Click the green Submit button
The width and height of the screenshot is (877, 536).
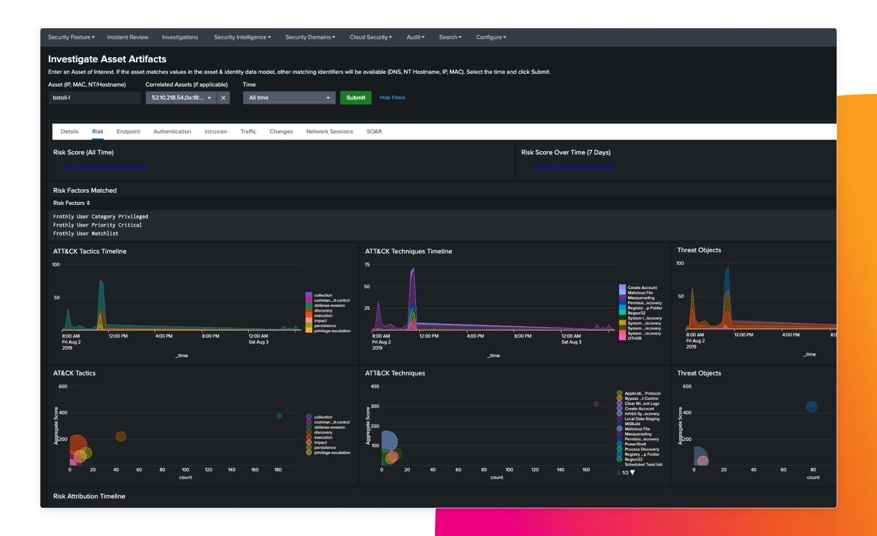(x=355, y=98)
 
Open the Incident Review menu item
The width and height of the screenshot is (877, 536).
(x=128, y=38)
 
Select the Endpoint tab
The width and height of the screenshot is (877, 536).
(x=128, y=132)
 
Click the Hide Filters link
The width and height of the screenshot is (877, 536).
(x=392, y=98)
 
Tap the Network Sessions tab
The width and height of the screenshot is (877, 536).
(x=329, y=132)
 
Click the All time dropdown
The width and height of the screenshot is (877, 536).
(x=289, y=98)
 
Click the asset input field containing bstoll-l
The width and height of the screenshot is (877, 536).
(x=94, y=98)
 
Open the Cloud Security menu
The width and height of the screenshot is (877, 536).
(x=370, y=38)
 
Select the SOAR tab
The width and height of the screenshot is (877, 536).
(x=374, y=132)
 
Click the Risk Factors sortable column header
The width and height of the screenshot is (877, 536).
(x=71, y=203)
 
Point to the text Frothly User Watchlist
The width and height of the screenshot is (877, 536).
(x=85, y=234)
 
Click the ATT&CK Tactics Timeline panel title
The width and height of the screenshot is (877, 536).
(x=89, y=252)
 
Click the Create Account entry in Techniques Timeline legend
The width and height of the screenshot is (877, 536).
(x=642, y=287)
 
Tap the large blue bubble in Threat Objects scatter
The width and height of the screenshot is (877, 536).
(x=811, y=407)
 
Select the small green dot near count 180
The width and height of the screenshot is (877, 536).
(x=279, y=416)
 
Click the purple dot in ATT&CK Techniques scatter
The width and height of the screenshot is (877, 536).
(x=596, y=404)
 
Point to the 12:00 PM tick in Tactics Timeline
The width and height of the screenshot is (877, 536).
(x=118, y=336)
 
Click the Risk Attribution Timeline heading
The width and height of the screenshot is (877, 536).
(x=89, y=496)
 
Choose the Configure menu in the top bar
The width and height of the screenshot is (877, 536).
(x=490, y=38)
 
